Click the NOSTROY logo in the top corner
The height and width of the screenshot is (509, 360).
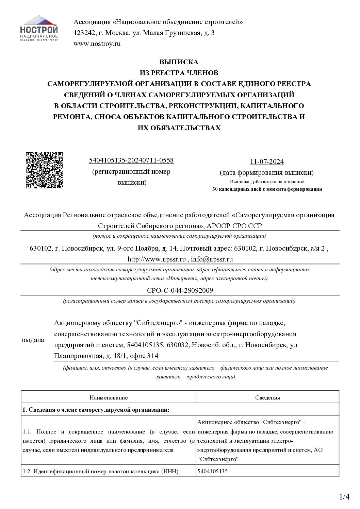pyautogui.click(x=38, y=29)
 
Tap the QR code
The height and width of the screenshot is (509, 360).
pyautogui.click(x=44, y=170)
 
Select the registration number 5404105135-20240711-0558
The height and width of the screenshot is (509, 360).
pyautogui.click(x=131, y=160)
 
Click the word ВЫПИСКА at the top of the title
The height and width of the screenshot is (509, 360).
pyautogui.click(x=179, y=62)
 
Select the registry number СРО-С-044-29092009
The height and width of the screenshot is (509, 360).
pyautogui.click(x=180, y=290)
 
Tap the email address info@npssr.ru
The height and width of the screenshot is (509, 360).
pyautogui.click(x=212, y=259)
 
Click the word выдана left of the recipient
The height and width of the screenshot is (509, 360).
pyautogui.click(x=33, y=340)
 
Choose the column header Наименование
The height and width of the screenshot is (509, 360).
pyautogui.click(x=109, y=397)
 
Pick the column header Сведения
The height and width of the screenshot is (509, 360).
pyautogui.click(x=267, y=397)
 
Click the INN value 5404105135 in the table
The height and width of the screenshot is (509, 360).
pyautogui.click(x=212, y=471)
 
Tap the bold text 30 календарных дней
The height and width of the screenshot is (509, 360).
pyautogui.click(x=238, y=189)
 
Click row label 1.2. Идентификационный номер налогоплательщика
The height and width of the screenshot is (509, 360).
pyautogui.click(x=101, y=471)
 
